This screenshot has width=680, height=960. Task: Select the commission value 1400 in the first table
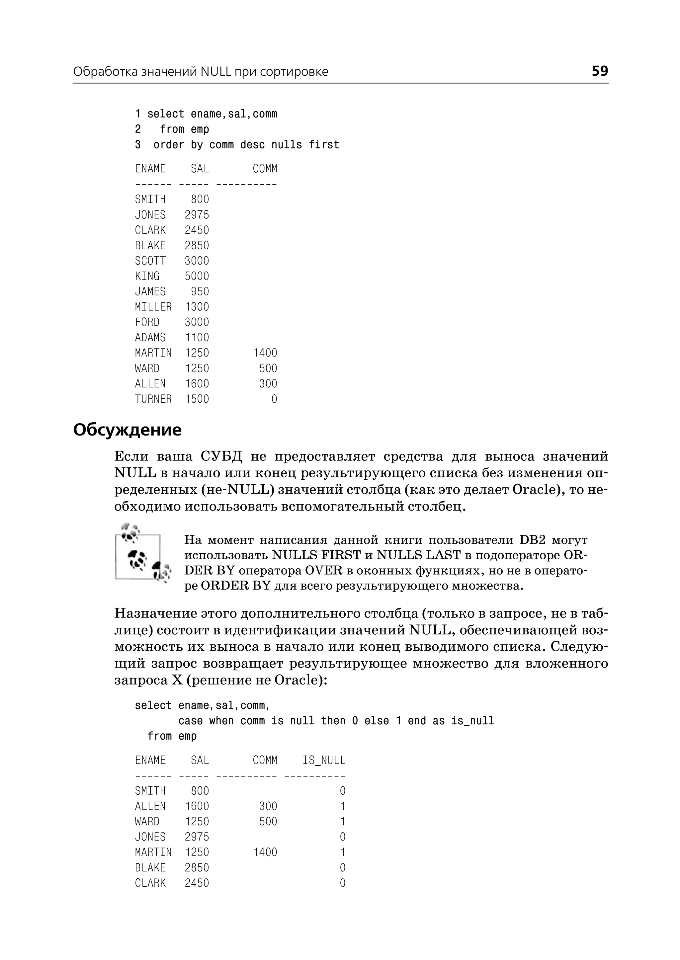tap(265, 353)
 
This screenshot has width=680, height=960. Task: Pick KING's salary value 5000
tap(197, 276)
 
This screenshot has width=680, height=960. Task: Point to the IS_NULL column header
tap(324, 760)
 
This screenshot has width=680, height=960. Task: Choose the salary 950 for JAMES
tap(200, 291)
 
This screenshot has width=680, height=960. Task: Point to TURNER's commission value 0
tap(274, 399)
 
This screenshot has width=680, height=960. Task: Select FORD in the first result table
tap(147, 322)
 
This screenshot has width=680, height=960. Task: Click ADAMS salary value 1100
tap(197, 338)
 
